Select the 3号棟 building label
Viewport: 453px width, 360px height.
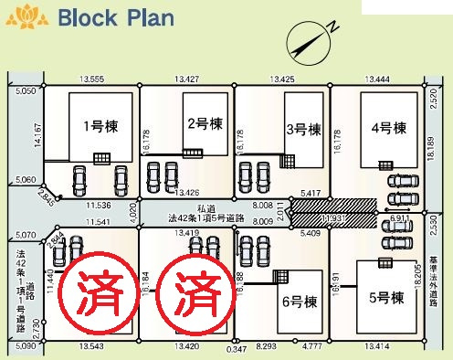[302, 129]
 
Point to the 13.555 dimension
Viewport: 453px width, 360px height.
[91, 80]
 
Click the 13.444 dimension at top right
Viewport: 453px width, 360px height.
[377, 80]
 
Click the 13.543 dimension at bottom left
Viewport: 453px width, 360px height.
[90, 348]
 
